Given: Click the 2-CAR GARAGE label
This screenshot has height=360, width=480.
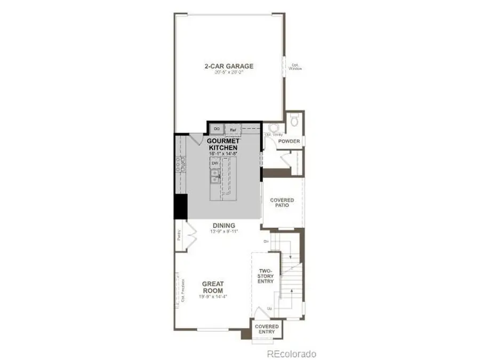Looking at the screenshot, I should [x=228, y=66].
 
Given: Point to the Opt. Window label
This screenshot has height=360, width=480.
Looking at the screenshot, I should [x=295, y=67].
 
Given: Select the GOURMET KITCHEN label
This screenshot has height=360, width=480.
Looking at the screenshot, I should [x=222, y=144].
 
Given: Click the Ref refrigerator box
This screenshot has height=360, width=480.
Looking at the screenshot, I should [x=233, y=129].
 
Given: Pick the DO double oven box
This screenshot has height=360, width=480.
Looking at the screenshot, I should [x=217, y=129].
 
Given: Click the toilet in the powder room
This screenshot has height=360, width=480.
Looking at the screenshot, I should [x=294, y=122].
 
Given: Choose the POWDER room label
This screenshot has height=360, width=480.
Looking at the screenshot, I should [x=289, y=141].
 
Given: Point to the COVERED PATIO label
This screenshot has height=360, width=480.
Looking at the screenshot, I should [x=282, y=203].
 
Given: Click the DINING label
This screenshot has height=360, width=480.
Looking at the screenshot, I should [x=223, y=225].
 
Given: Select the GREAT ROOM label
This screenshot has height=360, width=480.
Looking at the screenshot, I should [x=212, y=287].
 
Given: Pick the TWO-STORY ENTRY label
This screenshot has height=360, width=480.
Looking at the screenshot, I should [x=267, y=277].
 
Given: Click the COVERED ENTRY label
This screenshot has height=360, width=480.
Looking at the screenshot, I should [x=266, y=329].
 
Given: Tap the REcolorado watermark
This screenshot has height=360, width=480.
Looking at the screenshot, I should [x=292, y=354].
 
